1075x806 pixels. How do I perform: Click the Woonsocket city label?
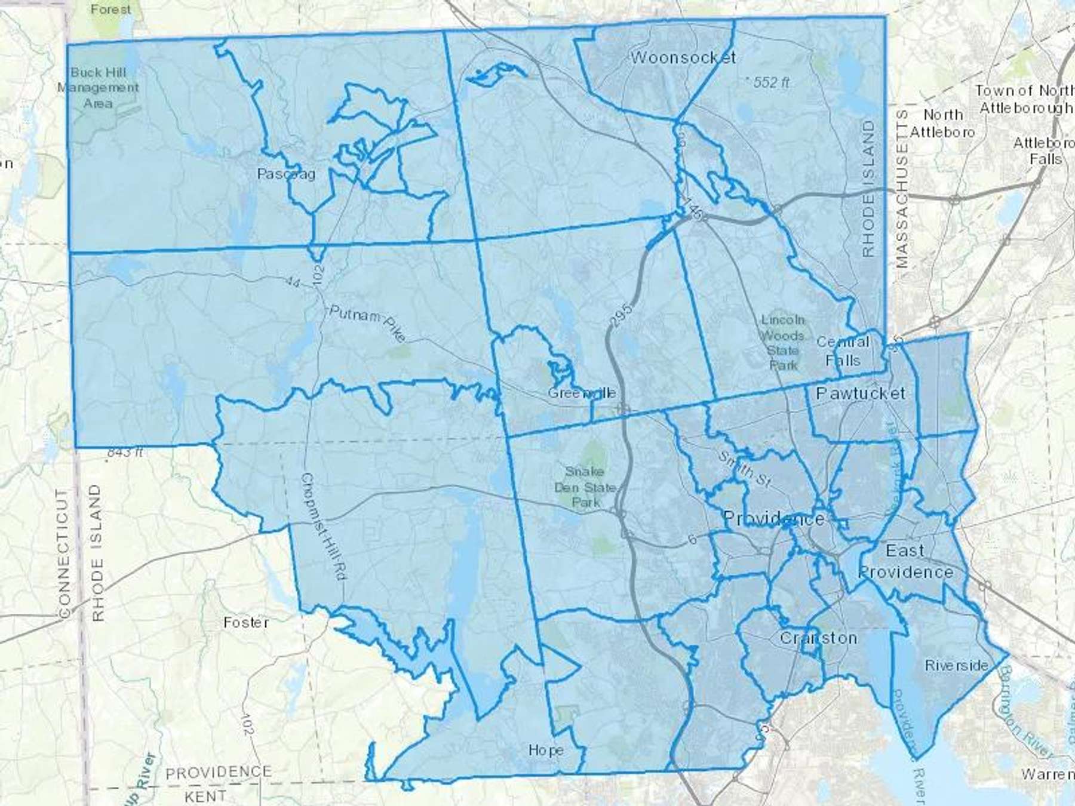[683, 58]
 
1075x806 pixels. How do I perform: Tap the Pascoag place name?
[286, 174]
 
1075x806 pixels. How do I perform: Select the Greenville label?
[582, 393]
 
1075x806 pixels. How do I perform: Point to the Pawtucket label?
[860, 393]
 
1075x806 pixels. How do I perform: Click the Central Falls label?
[843, 351]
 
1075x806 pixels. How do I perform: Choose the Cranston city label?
[818, 638]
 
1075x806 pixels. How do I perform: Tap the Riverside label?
[956, 665]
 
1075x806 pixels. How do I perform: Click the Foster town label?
[246, 623]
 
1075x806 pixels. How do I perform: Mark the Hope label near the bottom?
[546, 750]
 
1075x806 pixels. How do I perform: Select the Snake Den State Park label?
[585, 487]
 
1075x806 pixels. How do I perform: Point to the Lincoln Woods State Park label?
[783, 342]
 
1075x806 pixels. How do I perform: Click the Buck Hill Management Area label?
[98, 88]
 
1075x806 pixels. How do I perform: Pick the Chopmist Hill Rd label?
[324, 527]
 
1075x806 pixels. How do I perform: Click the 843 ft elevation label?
[125, 452]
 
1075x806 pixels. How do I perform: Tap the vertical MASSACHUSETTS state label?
[901, 188]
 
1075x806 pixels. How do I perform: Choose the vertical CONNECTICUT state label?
[64, 552]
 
